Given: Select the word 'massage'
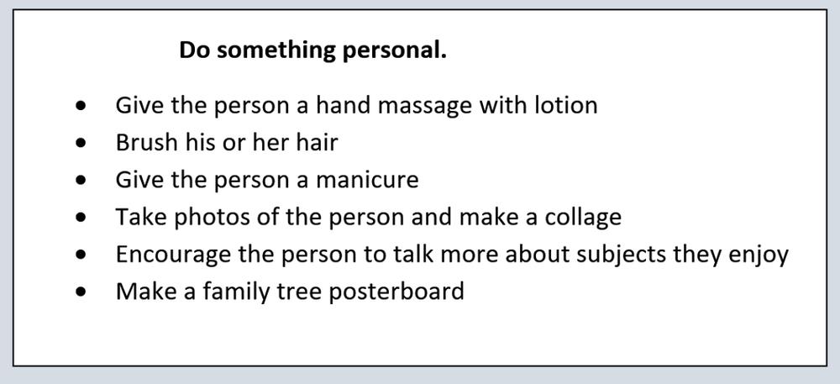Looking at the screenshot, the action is click(425, 107).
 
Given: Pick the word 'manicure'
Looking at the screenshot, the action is click(367, 180).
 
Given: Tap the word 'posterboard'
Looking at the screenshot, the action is click(396, 292).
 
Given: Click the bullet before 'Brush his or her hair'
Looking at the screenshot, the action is click(81, 143).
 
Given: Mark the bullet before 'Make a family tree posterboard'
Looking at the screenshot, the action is click(81, 292).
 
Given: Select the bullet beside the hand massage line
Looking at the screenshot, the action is click(81, 106).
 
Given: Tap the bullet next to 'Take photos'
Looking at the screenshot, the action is click(81, 218).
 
